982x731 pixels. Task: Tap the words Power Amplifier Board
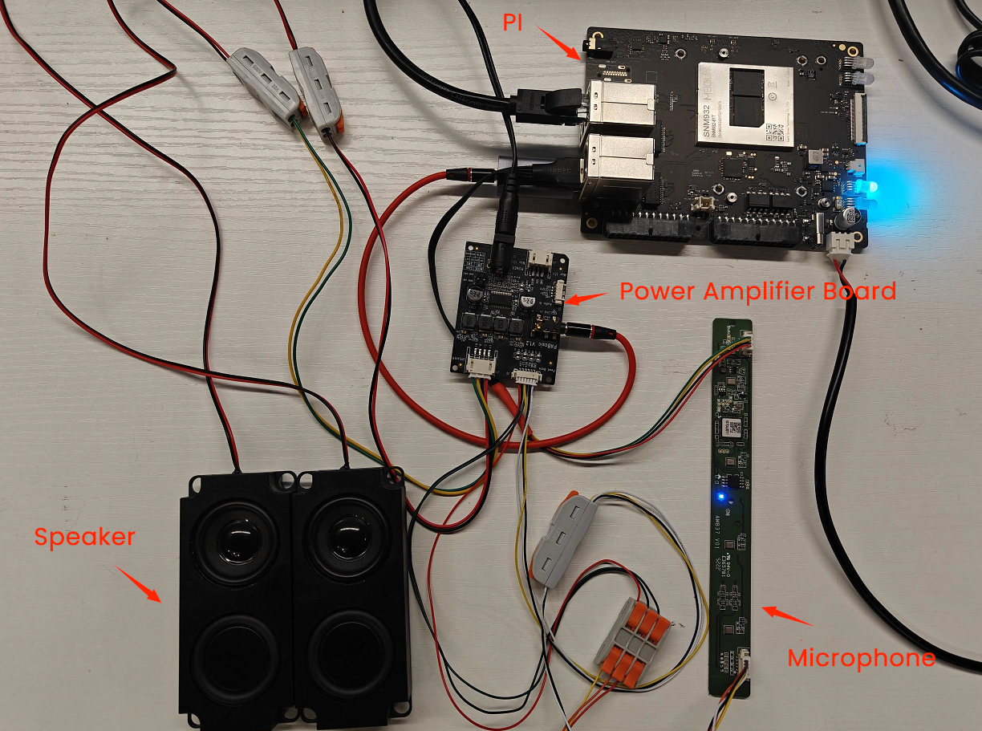(x=757, y=290)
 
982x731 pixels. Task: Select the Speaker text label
(x=83, y=536)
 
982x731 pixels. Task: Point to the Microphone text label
(x=861, y=658)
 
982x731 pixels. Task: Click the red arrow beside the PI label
(x=558, y=44)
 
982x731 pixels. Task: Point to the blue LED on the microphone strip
(x=721, y=497)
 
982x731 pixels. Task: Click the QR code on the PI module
(x=775, y=132)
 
